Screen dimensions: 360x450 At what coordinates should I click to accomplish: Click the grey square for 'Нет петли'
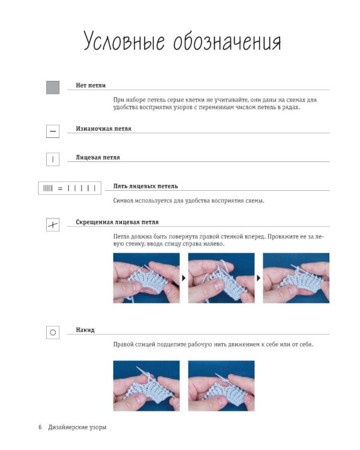pos(53,88)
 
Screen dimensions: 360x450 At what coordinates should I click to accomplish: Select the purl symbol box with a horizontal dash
pos(53,131)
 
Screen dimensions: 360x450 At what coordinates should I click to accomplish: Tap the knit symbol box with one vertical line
pos(53,159)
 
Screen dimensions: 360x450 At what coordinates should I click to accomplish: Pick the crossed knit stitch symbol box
pos(53,225)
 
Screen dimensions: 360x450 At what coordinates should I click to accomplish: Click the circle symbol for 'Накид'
pos(53,332)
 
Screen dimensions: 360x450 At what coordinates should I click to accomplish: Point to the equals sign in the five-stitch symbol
pos(60,188)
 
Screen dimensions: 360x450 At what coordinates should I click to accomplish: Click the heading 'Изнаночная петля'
pos(103,128)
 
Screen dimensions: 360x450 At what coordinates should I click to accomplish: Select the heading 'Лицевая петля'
pos(98,157)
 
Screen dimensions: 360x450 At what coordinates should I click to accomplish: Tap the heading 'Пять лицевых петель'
pos(146,186)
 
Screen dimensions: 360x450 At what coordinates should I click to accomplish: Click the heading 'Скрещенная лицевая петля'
pos(117,222)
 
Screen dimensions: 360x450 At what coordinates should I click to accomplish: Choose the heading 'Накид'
pos(85,330)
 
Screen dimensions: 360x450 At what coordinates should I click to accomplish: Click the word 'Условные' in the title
pos(124,41)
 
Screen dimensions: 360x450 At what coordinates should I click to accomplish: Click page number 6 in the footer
pos(40,427)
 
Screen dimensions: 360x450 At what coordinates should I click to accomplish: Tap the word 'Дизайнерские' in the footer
pos(67,427)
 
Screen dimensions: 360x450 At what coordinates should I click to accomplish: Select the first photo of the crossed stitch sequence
pos(146,278)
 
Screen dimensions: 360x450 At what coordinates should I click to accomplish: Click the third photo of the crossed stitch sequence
pos(296,278)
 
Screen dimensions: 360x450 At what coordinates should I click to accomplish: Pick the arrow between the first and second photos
pos(184,278)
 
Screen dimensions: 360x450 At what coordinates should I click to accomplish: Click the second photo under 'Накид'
pos(221,386)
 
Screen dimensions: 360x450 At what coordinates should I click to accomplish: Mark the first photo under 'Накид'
pos(146,386)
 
